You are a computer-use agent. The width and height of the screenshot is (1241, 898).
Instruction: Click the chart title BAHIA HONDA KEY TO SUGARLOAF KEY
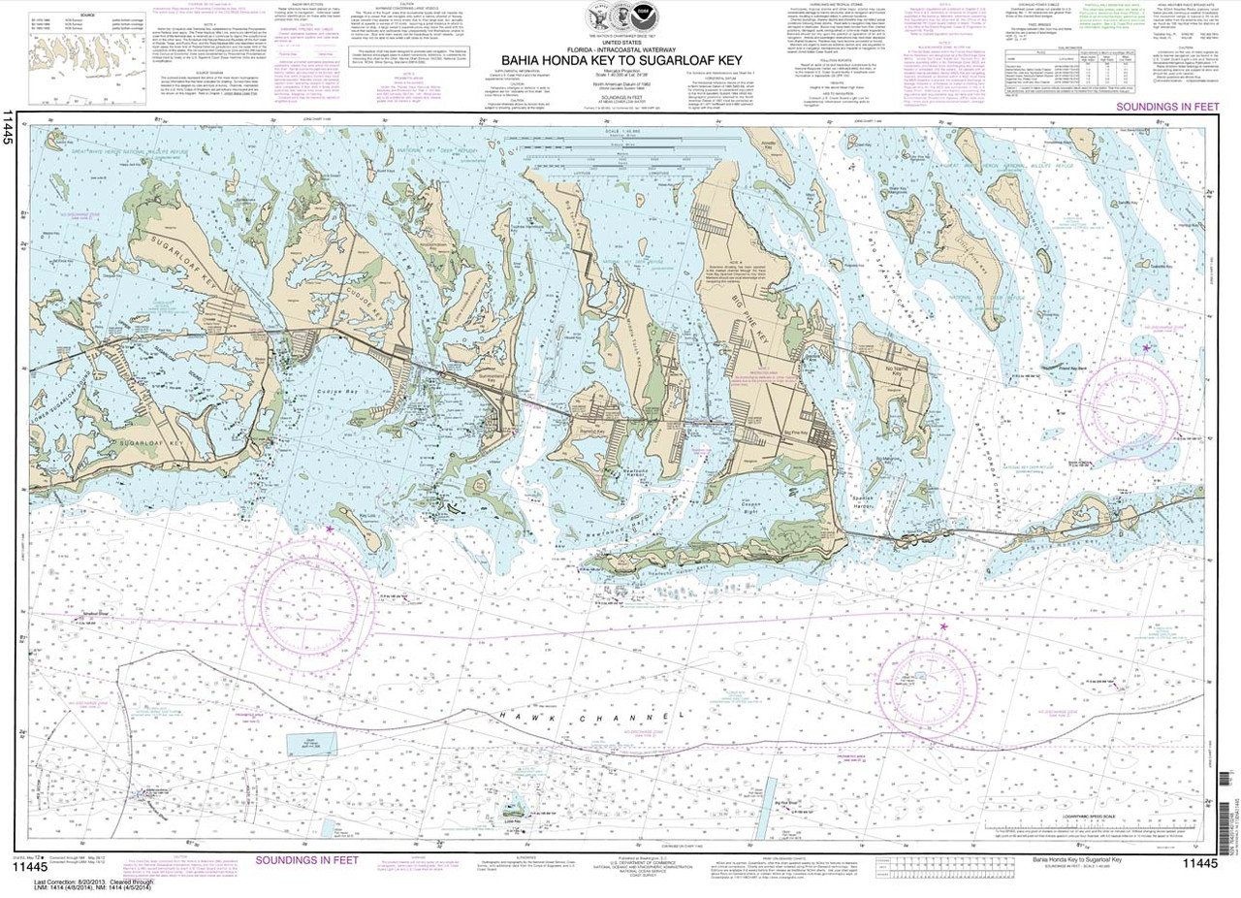click(622, 57)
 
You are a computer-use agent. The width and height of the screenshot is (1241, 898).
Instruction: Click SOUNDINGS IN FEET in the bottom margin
click(315, 859)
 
